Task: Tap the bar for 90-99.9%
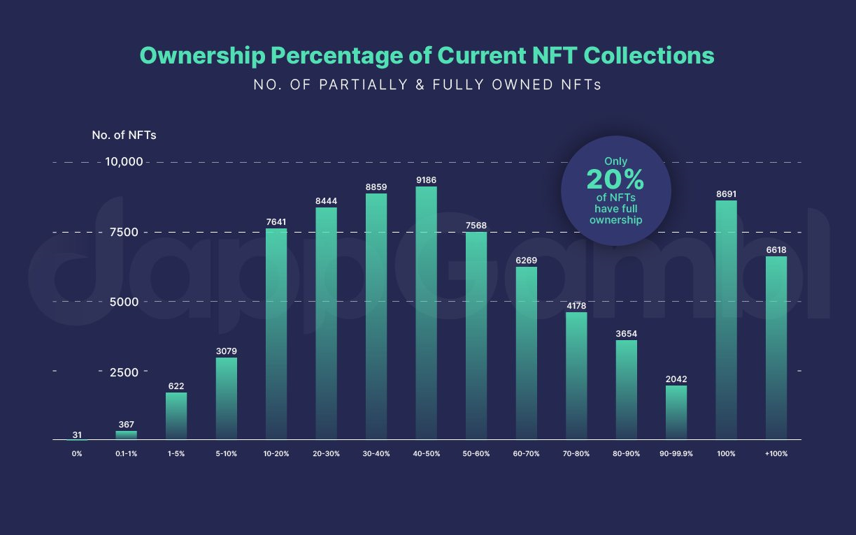coord(676,412)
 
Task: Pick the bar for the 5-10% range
coord(227,398)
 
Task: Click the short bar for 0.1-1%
coord(127,435)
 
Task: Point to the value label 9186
coord(426,180)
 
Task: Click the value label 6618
coord(776,250)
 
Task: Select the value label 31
coord(77,434)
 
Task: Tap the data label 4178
coord(577,306)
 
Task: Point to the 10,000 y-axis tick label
coord(124,162)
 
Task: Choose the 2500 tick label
coord(124,372)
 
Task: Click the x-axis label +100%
coord(776,454)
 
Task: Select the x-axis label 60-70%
coord(527,454)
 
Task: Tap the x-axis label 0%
coord(77,454)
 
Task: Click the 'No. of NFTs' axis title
coord(124,135)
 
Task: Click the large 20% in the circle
coord(615,180)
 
